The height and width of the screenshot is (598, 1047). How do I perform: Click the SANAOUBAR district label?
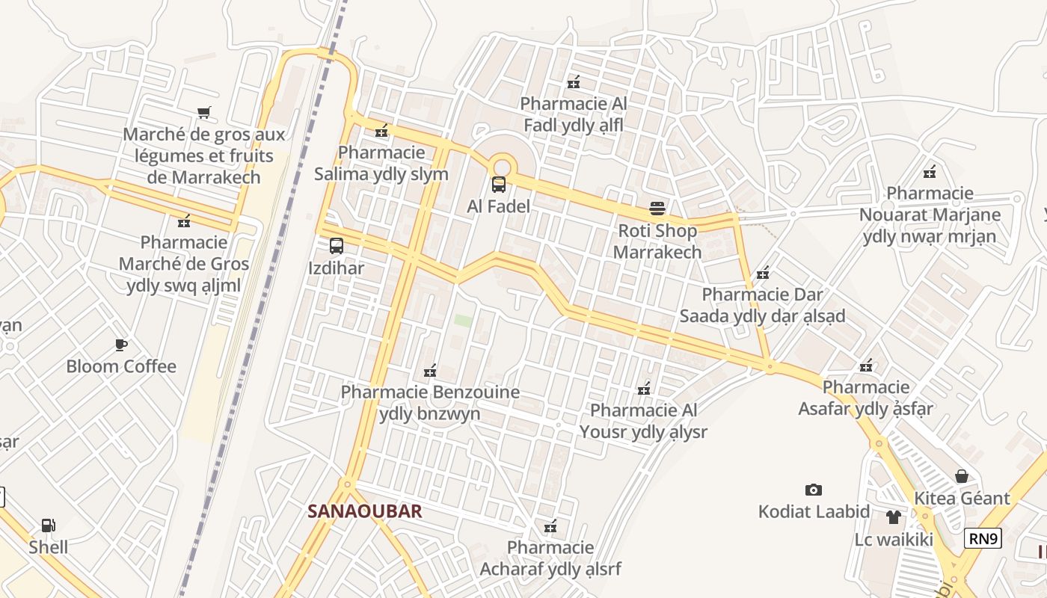365,511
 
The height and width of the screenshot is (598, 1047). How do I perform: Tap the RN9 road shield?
983,538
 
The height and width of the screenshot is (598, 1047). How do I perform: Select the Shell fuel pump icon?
49,525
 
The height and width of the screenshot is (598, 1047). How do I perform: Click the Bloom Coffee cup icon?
121,345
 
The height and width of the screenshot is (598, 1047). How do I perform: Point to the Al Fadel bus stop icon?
498,185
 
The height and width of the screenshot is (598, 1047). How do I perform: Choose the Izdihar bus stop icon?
337,246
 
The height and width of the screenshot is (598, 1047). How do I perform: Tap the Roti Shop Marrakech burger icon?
657,209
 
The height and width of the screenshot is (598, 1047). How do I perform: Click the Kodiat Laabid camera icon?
814,490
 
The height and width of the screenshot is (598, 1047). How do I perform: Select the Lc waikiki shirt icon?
894,517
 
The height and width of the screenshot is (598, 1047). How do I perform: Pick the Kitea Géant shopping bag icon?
962,476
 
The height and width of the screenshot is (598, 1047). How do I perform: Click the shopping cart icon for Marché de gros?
204,113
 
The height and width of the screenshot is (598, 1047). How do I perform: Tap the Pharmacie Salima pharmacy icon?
381,131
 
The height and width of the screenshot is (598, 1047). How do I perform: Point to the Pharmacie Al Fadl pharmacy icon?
574,82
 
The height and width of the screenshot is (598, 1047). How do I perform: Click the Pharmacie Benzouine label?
430,402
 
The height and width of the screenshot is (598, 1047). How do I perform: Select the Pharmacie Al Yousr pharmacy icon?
643,389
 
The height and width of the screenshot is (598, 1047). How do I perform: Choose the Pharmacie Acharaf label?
550,558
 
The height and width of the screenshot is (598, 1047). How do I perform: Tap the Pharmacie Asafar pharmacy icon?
866,366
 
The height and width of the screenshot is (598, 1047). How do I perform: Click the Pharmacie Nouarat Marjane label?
930,215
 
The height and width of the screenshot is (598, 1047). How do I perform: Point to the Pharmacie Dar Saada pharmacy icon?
763,273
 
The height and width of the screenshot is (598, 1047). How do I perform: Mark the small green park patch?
463,321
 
